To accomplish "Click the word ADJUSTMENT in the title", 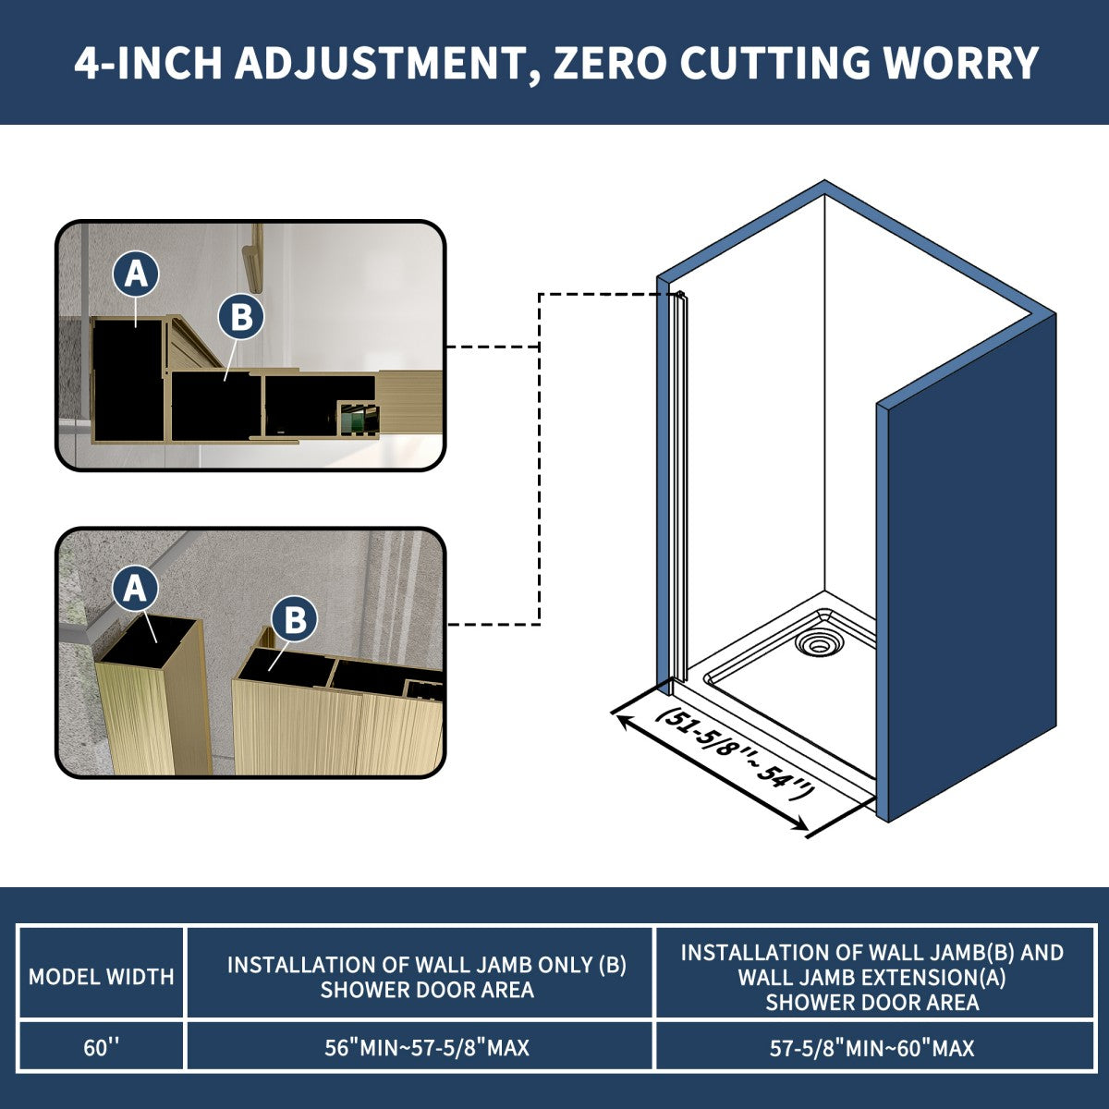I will coord(379,64).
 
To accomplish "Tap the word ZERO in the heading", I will coord(610,64).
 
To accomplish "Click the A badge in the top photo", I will coord(136,274).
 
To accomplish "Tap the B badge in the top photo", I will coord(240,318).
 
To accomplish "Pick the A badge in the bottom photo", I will coord(136,589).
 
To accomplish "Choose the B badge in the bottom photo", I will coord(295,620).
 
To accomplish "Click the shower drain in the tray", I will coord(817,642).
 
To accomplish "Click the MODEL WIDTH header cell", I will coord(102,976).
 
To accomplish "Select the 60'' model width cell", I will coord(102,1048).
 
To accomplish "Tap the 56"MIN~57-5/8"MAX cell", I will coord(426,1048).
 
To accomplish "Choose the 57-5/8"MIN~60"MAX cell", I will coord(871,1048).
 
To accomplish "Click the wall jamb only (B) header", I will coord(426,976).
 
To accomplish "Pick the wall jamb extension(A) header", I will coord(871,976).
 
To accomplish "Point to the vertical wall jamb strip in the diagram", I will coord(681,490).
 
